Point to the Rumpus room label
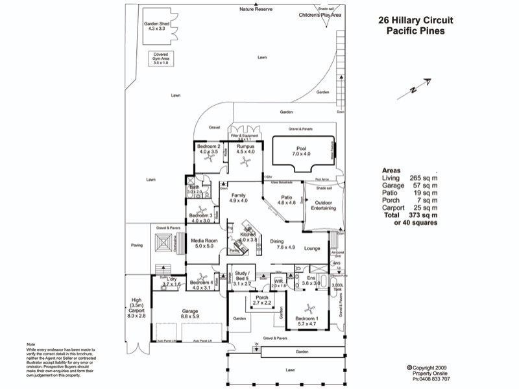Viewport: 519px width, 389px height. coord(245,150)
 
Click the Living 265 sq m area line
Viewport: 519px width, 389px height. coord(409,178)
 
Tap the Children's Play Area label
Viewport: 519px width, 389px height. coord(319,14)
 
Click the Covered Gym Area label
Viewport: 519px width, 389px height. coord(160,58)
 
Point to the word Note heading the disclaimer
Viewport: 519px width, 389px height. coord(30,344)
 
